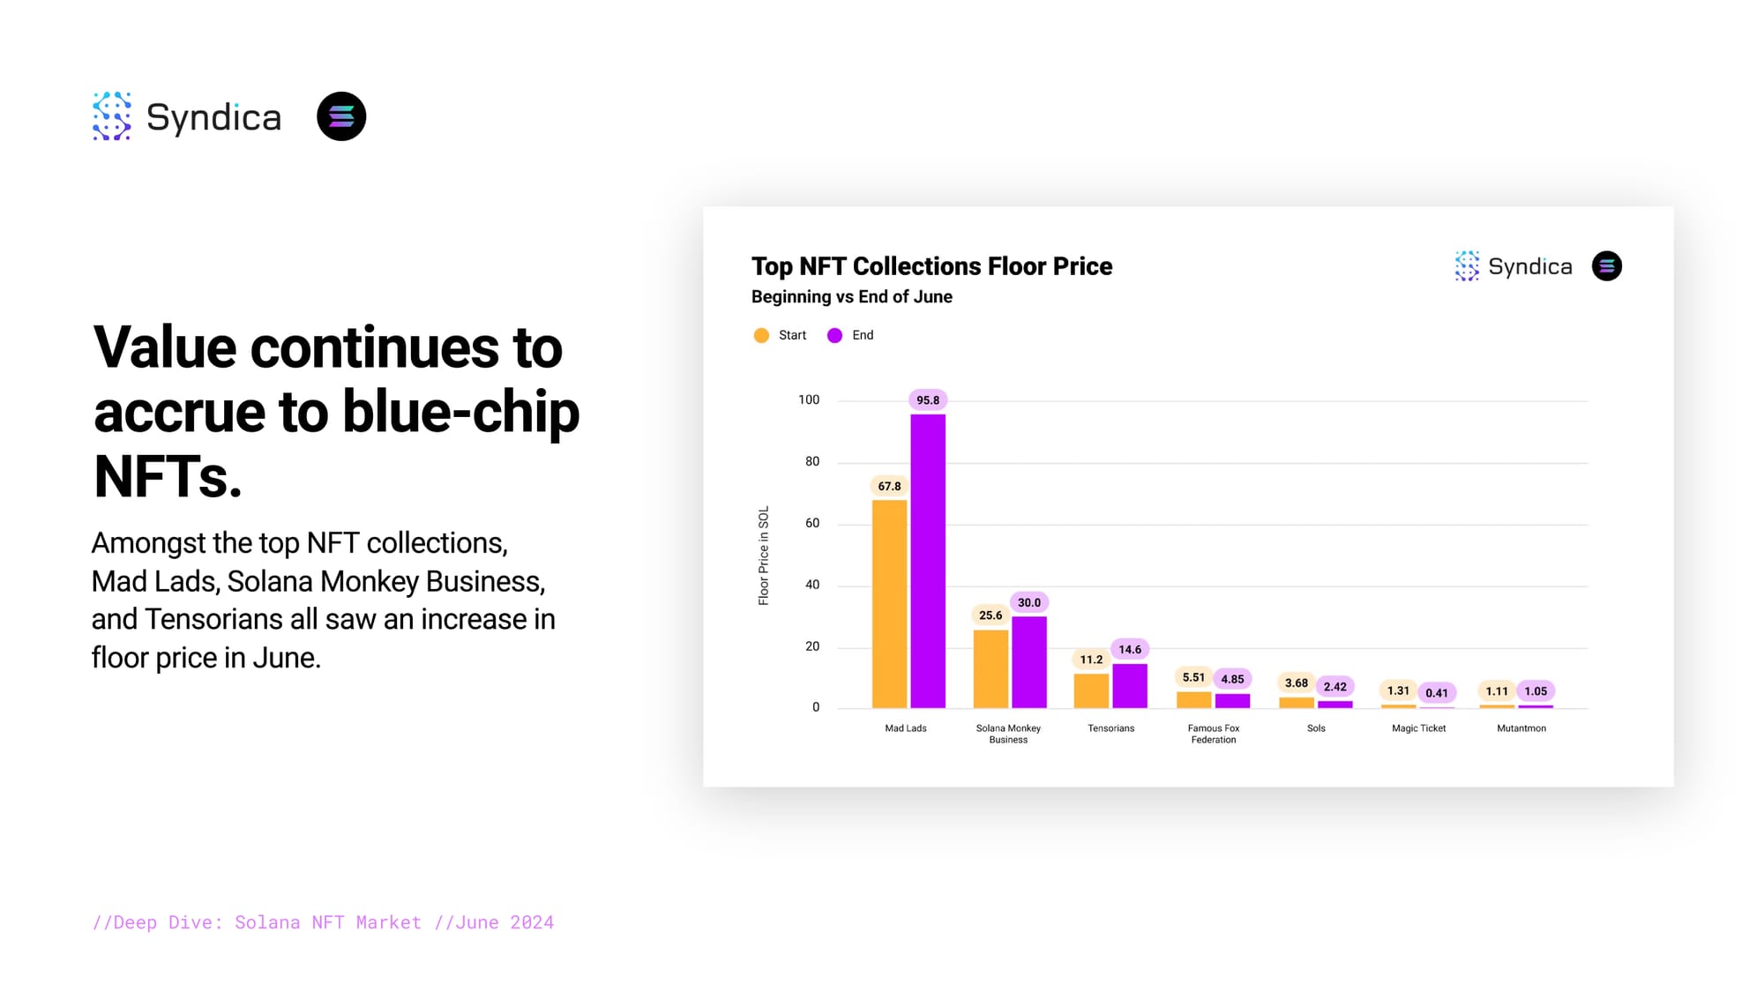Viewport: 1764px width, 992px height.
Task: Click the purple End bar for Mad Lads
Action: tap(928, 561)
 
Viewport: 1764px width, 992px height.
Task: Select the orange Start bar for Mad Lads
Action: tap(889, 604)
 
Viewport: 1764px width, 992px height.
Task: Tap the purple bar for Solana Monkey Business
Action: tap(1029, 662)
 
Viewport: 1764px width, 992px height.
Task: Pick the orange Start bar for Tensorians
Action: tap(1091, 690)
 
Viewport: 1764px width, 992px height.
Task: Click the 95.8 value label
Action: tap(928, 400)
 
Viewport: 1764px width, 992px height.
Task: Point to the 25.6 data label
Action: tap(990, 615)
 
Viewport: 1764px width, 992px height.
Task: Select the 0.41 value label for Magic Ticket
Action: tap(1437, 693)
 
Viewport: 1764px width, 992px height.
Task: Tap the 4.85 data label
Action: tap(1232, 679)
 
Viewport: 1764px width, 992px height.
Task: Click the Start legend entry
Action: tap(781, 335)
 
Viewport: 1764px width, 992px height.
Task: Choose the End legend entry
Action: tap(851, 335)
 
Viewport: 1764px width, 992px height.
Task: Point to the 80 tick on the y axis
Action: tap(811, 461)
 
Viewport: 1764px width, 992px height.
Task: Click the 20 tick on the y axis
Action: tap(811, 646)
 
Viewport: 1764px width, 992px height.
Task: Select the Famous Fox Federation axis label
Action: tap(1214, 734)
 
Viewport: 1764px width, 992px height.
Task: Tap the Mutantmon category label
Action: tap(1521, 728)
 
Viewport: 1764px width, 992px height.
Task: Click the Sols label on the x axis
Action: tap(1316, 728)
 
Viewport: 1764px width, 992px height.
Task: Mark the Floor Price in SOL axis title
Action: tap(764, 556)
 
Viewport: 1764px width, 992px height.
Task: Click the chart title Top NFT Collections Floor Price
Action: tap(931, 266)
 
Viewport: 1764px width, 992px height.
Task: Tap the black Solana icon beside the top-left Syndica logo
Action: tap(341, 116)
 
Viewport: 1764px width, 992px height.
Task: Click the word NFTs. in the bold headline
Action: tap(168, 476)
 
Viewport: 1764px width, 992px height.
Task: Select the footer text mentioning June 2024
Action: tap(323, 922)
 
